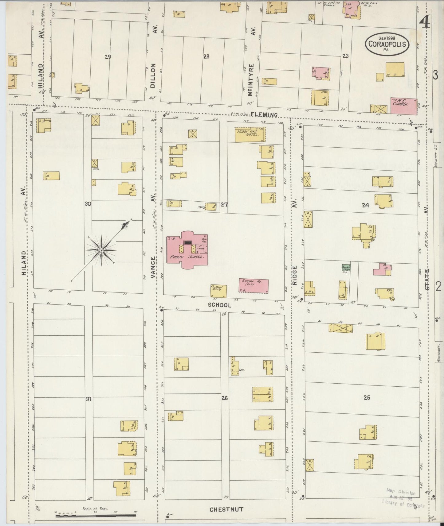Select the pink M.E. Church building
(403, 106)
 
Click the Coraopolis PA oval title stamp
(387, 44)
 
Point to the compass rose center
(101, 250)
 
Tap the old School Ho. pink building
(254, 285)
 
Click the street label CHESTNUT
(226, 509)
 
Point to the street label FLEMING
(264, 115)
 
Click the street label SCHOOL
(219, 305)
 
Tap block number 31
(88, 399)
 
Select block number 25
(367, 397)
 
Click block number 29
(108, 56)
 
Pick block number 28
(206, 56)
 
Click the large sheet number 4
(425, 20)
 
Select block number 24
(365, 205)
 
